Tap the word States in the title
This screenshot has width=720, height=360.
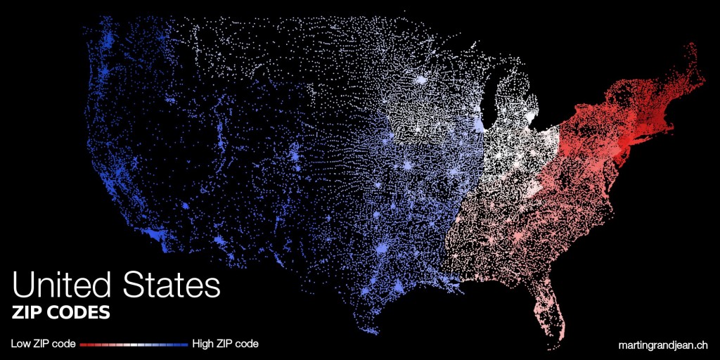(172, 286)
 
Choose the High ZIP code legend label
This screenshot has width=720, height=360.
(225, 344)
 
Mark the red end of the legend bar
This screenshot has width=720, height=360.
(83, 345)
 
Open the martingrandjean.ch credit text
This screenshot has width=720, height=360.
(662, 345)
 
